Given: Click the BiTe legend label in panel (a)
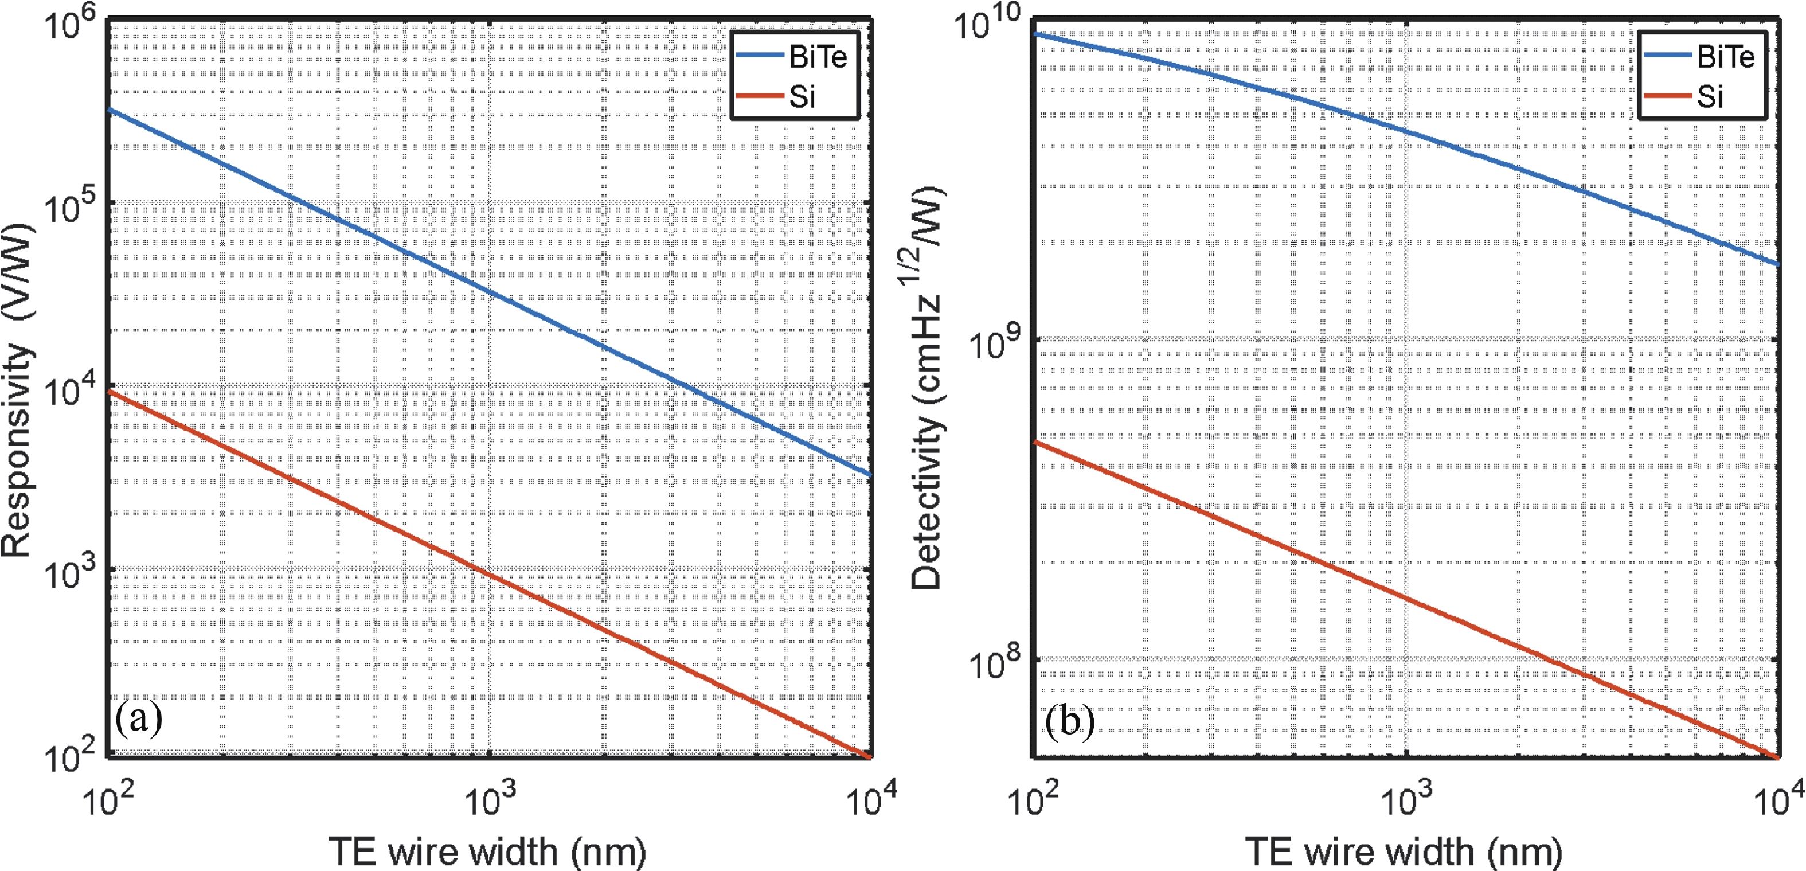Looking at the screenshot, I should [818, 57].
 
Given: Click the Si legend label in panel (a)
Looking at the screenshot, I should [802, 97].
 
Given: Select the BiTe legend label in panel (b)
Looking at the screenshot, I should [1725, 57].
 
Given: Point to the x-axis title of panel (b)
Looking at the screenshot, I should [1404, 852].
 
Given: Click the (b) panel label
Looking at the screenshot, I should [1069, 721].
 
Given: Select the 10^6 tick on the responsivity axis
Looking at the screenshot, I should [69, 22].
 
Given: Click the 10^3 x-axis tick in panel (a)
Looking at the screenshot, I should [490, 798].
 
